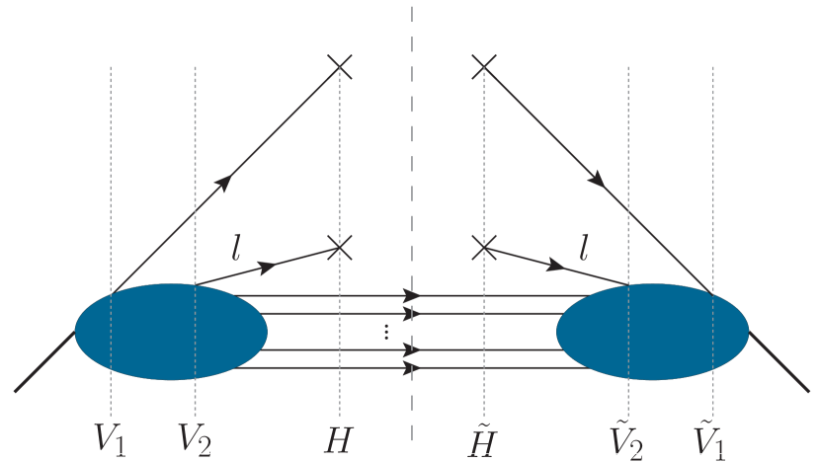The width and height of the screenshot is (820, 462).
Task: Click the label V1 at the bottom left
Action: click(110, 435)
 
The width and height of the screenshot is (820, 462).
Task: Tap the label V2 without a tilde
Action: click(195, 435)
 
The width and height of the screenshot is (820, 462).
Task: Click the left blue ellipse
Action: click(171, 332)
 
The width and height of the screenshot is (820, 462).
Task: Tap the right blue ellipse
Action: click(652, 332)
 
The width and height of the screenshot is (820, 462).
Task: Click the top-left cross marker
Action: click(339, 66)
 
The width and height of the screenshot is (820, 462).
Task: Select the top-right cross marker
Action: click(483, 66)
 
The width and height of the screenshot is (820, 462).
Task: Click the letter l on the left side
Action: click(235, 247)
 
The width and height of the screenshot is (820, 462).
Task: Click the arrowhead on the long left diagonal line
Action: click(226, 180)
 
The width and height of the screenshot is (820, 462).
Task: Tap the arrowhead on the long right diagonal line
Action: click(597, 180)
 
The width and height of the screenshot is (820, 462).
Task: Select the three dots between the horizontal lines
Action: click(386, 333)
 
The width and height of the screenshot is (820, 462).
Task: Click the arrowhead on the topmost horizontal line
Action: click(412, 295)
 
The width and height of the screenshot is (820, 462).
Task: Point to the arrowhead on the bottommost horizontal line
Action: click(412, 369)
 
